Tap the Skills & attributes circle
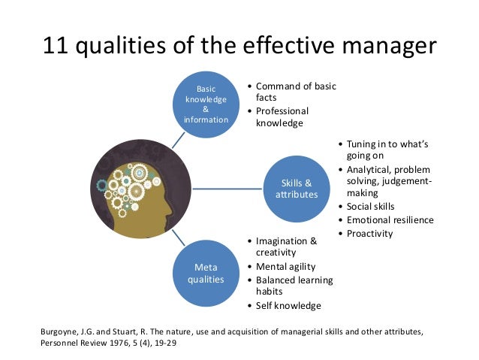point(296,188)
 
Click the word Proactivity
point(370,233)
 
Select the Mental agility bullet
point(285,266)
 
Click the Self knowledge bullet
point(288,305)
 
